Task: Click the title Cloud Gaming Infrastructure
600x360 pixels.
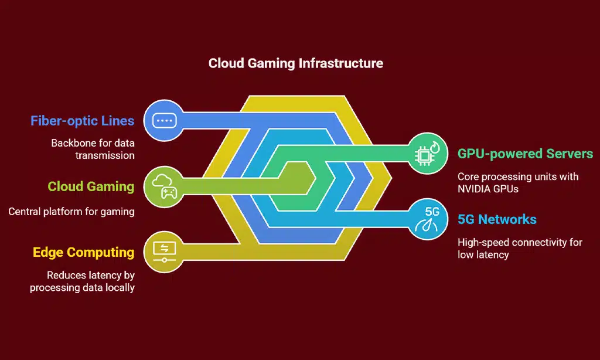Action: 296,63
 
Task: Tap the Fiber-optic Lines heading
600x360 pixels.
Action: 82,121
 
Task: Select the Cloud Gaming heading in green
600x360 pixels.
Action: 91,187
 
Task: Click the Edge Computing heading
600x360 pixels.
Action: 83,253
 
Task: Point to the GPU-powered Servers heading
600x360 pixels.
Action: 525,154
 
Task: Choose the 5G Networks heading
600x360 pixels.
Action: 497,220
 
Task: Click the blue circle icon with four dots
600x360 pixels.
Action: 164,121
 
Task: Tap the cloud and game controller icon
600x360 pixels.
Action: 164,186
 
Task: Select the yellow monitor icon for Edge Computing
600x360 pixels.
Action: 164,252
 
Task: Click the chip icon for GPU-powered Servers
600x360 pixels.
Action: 426,154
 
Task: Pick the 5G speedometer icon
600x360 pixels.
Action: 426,220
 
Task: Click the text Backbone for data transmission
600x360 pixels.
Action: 93,149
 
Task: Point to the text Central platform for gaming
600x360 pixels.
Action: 71,211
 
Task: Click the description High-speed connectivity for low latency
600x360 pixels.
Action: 520,248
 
